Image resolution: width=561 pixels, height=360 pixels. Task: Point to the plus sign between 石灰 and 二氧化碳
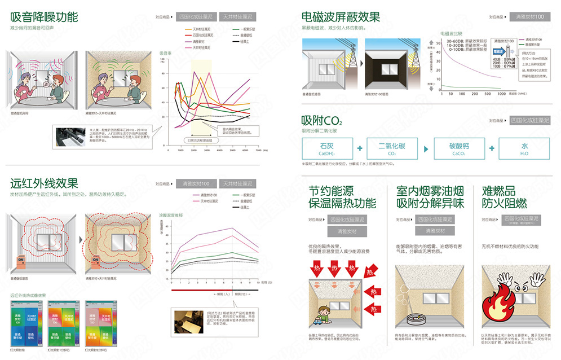pyautogui.click(x=360, y=148)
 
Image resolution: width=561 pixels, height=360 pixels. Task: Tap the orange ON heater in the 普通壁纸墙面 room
pyautogui.click(x=21, y=260)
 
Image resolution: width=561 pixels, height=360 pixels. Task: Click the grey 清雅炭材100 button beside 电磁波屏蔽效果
pyautogui.click(x=529, y=17)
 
